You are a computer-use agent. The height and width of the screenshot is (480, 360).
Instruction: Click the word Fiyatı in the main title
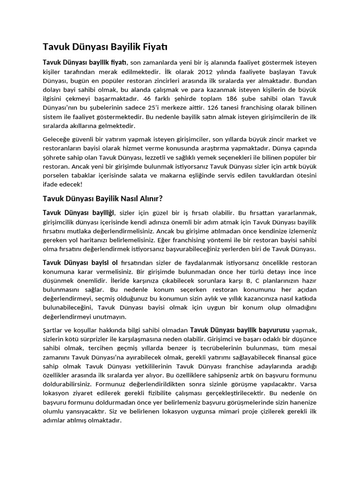[153, 47]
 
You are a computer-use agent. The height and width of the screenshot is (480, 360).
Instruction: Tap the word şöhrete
[55, 157]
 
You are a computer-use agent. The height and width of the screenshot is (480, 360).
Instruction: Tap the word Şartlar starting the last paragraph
[54, 330]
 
